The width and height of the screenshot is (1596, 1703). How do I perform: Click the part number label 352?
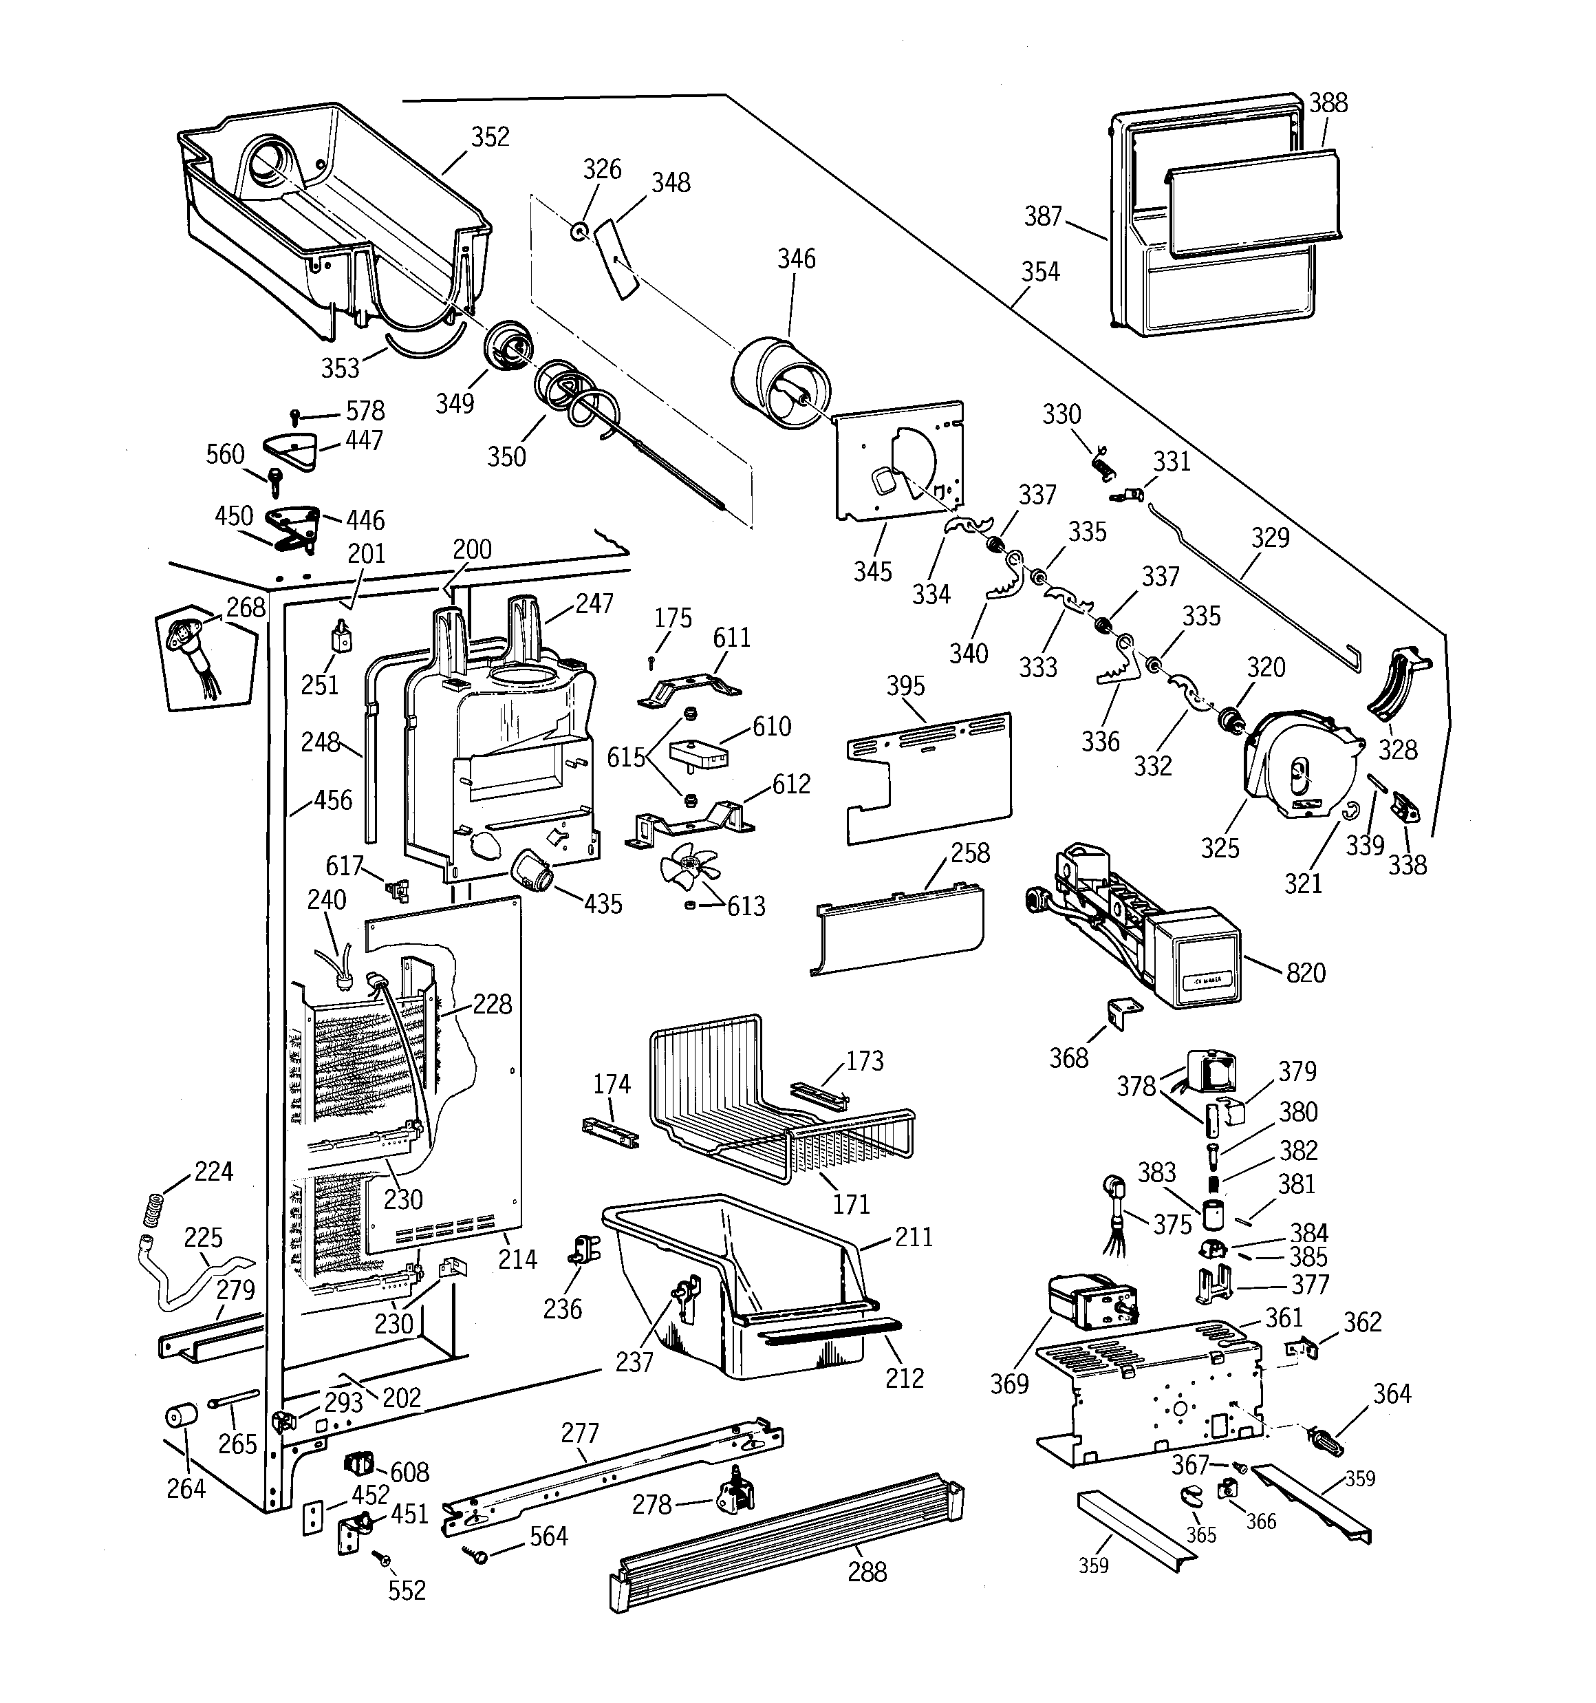click(490, 137)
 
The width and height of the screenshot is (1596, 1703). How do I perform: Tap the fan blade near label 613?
click(689, 865)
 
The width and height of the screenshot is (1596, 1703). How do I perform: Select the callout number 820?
click(1305, 973)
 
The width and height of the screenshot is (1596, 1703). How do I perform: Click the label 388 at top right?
click(1328, 103)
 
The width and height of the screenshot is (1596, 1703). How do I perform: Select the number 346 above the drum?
click(796, 259)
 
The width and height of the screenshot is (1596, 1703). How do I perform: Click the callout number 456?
click(332, 800)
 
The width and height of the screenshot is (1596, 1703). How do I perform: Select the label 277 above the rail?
click(580, 1433)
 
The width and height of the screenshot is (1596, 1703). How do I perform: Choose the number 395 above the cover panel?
click(905, 686)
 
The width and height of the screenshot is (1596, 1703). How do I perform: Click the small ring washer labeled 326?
click(580, 231)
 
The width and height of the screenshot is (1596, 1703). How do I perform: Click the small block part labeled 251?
click(342, 636)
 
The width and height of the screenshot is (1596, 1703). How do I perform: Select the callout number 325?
click(1219, 848)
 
